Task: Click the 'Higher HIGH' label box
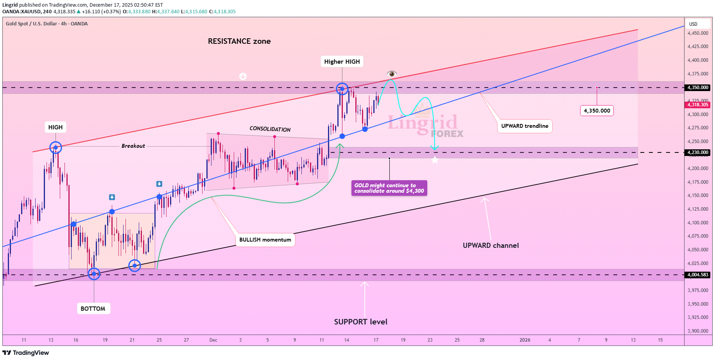(x=342, y=62)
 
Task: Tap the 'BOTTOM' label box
(x=93, y=308)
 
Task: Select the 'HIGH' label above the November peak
(x=56, y=127)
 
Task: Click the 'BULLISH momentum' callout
(x=265, y=240)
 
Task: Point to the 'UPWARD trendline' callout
(x=525, y=126)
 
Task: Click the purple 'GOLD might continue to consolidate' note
(x=389, y=188)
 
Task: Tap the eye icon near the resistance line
(x=392, y=74)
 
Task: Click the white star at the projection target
(x=435, y=159)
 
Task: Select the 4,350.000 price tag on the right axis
(x=698, y=88)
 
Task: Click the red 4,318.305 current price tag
(x=698, y=105)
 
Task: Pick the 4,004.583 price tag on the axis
(x=698, y=275)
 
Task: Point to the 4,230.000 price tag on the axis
(x=698, y=152)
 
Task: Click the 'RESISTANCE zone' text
(x=239, y=41)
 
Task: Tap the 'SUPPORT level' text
(x=360, y=322)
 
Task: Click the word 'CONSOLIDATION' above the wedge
(x=270, y=129)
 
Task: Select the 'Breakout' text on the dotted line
(x=133, y=146)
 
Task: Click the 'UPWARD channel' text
(x=491, y=245)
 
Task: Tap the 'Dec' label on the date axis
(x=213, y=340)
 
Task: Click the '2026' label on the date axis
(x=525, y=340)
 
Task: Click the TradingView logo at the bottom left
(x=26, y=353)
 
